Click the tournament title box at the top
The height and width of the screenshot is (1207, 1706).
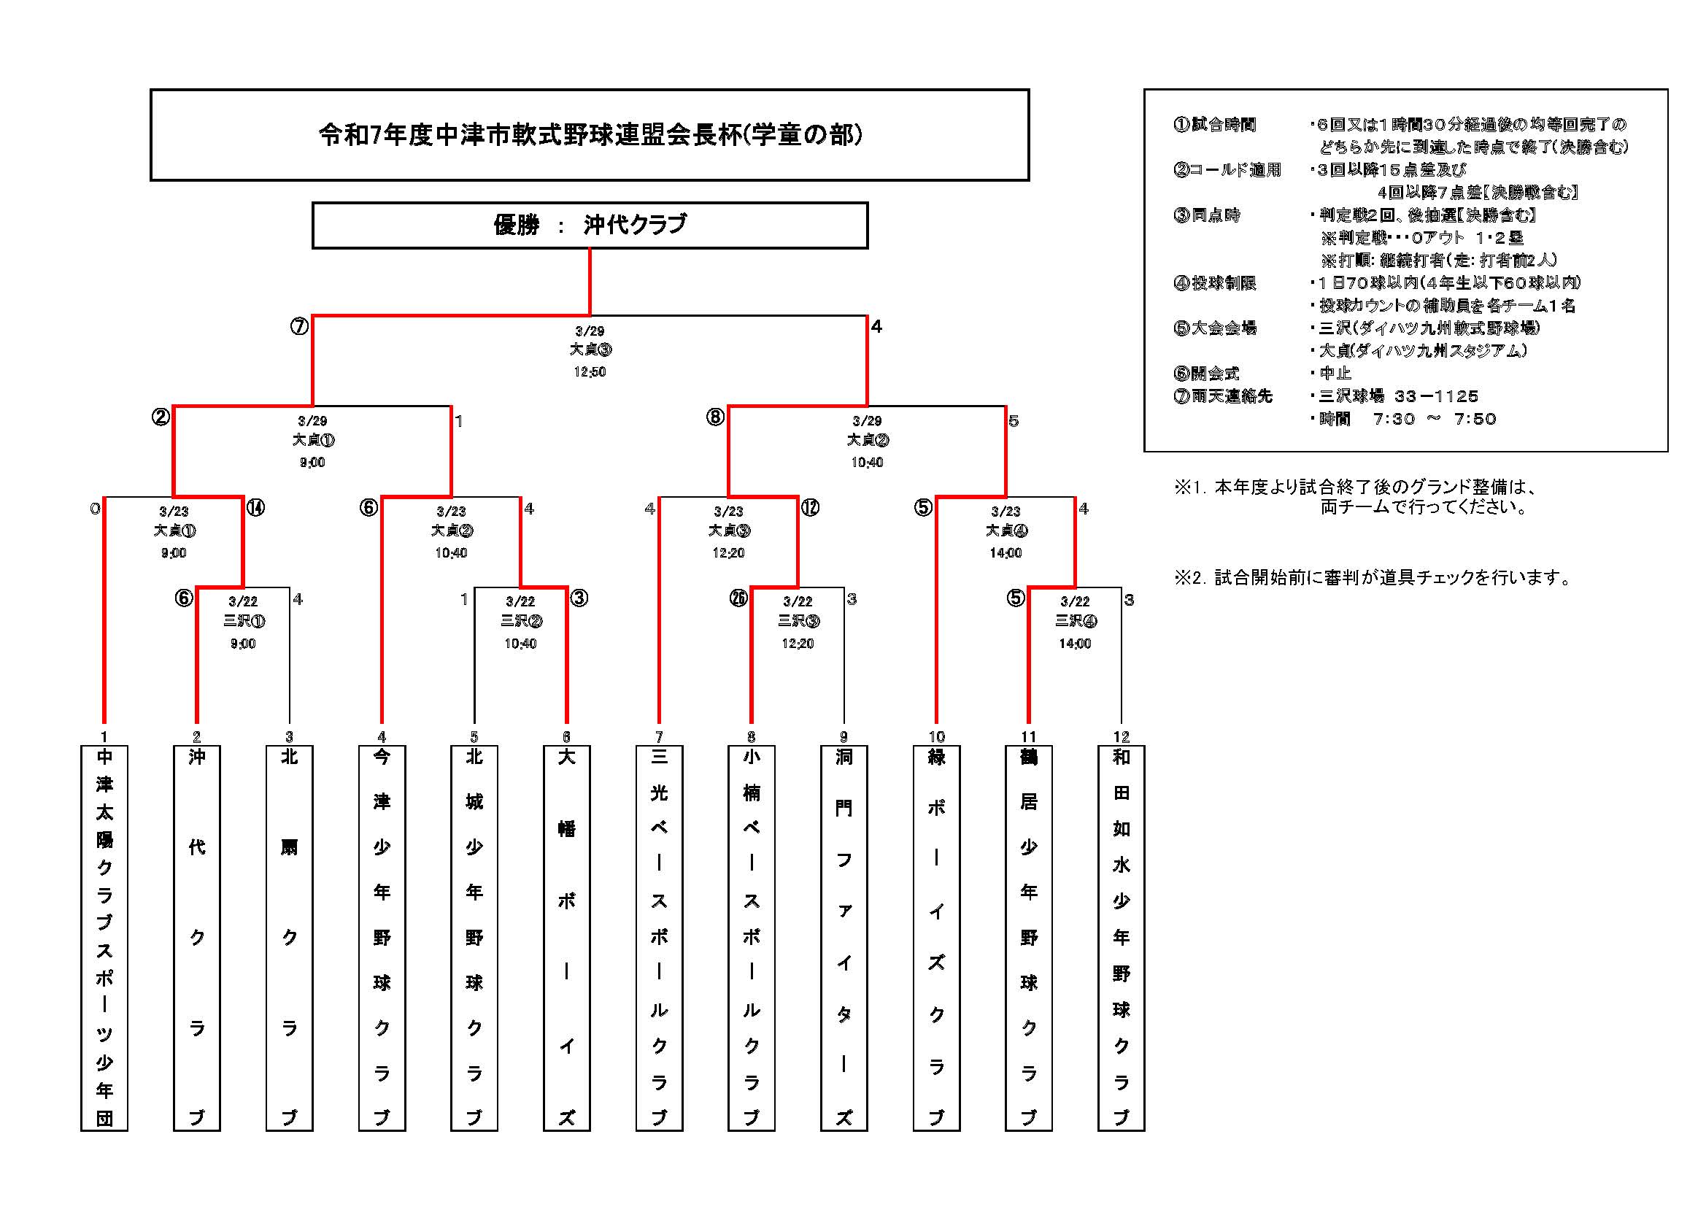coord(590,134)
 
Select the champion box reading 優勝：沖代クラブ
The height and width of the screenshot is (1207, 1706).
coord(590,225)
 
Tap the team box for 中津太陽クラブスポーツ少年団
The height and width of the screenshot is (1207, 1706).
coord(104,938)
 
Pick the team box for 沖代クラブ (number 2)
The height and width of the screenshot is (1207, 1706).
coord(197,938)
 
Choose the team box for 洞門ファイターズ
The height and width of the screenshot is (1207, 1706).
coord(844,938)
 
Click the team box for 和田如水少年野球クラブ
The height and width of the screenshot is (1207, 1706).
coord(1122,938)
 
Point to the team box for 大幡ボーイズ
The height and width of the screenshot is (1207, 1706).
coord(567,938)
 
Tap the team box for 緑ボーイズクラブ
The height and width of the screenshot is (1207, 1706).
coord(936,938)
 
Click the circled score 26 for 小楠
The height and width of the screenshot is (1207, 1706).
coord(738,598)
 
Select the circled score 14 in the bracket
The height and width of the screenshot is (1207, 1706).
coord(255,508)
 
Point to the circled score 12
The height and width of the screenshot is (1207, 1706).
coord(810,508)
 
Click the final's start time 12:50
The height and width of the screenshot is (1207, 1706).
coord(590,371)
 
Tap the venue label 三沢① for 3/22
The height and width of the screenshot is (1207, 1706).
coord(244,620)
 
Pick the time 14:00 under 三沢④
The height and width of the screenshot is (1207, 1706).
coord(1075,644)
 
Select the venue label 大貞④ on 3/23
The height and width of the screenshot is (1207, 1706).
coord(1006,531)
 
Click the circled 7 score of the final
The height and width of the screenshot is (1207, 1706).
coord(299,326)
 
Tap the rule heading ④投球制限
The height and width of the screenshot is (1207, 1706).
coord(1215,282)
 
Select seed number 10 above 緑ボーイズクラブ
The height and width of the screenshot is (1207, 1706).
coord(936,736)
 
